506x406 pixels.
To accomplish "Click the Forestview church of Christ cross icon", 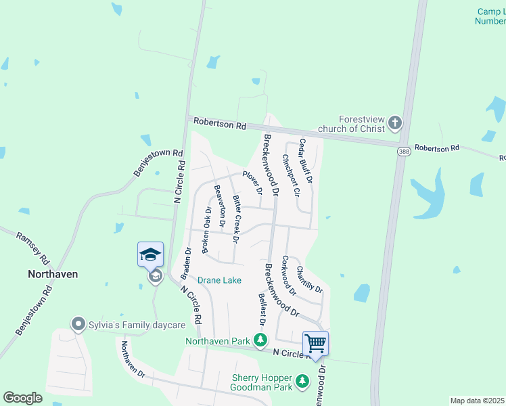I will [x=395, y=123].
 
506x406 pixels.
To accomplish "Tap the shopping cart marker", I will [x=315, y=343].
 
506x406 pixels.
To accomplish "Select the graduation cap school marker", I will [x=150, y=254].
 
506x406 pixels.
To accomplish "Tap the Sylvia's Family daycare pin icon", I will [x=78, y=325].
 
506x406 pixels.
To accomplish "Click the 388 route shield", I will [x=403, y=151].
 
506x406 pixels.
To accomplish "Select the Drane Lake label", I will [x=219, y=279].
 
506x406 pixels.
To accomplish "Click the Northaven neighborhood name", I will [x=53, y=274].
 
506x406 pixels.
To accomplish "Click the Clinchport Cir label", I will [x=291, y=175].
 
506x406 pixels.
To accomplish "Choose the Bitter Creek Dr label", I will [x=237, y=219].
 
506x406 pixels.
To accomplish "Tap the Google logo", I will [x=23, y=398].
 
